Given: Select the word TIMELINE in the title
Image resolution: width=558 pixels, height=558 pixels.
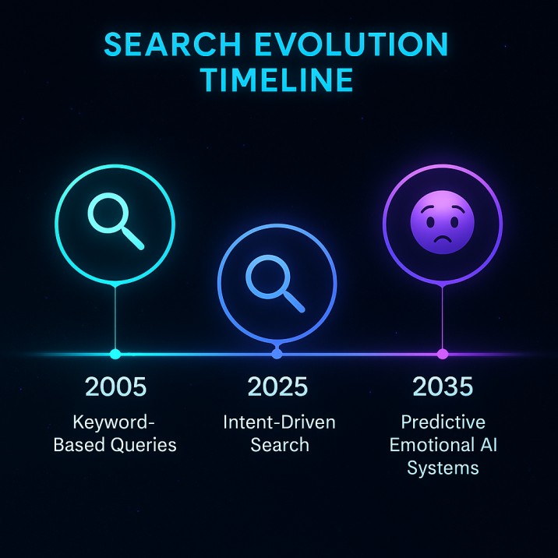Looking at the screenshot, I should pos(278,80).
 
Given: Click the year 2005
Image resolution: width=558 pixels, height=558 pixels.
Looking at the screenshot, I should pos(115,387).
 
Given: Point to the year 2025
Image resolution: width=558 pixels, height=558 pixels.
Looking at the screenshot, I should pos(278,387).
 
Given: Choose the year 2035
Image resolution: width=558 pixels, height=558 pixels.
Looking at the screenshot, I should pos(443,387).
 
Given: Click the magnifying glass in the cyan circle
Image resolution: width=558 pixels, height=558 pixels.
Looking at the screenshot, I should pos(116,221).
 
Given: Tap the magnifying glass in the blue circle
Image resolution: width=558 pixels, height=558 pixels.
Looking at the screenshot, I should pos(275,282).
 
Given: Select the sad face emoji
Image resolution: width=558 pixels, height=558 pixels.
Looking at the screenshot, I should pos(442,222).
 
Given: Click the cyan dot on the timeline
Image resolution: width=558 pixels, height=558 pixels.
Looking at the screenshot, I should pos(115,354).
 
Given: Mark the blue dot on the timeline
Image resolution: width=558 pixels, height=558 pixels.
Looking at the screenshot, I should pos(277,354).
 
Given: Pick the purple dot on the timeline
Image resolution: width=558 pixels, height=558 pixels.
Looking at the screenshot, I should pos(443,354).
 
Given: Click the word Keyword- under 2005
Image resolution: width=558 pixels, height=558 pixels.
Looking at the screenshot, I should pos(115,423).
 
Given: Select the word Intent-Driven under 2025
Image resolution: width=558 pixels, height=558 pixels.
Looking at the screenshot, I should pos(278,423).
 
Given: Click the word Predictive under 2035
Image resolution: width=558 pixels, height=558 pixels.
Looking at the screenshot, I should pos(443,423).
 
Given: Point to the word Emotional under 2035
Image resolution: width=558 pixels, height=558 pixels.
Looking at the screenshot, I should pos(427,446).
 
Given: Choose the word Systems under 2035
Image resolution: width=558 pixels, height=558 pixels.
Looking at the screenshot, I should pos(443,468).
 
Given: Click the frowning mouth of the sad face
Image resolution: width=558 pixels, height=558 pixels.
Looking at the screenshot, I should pos(442,239).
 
